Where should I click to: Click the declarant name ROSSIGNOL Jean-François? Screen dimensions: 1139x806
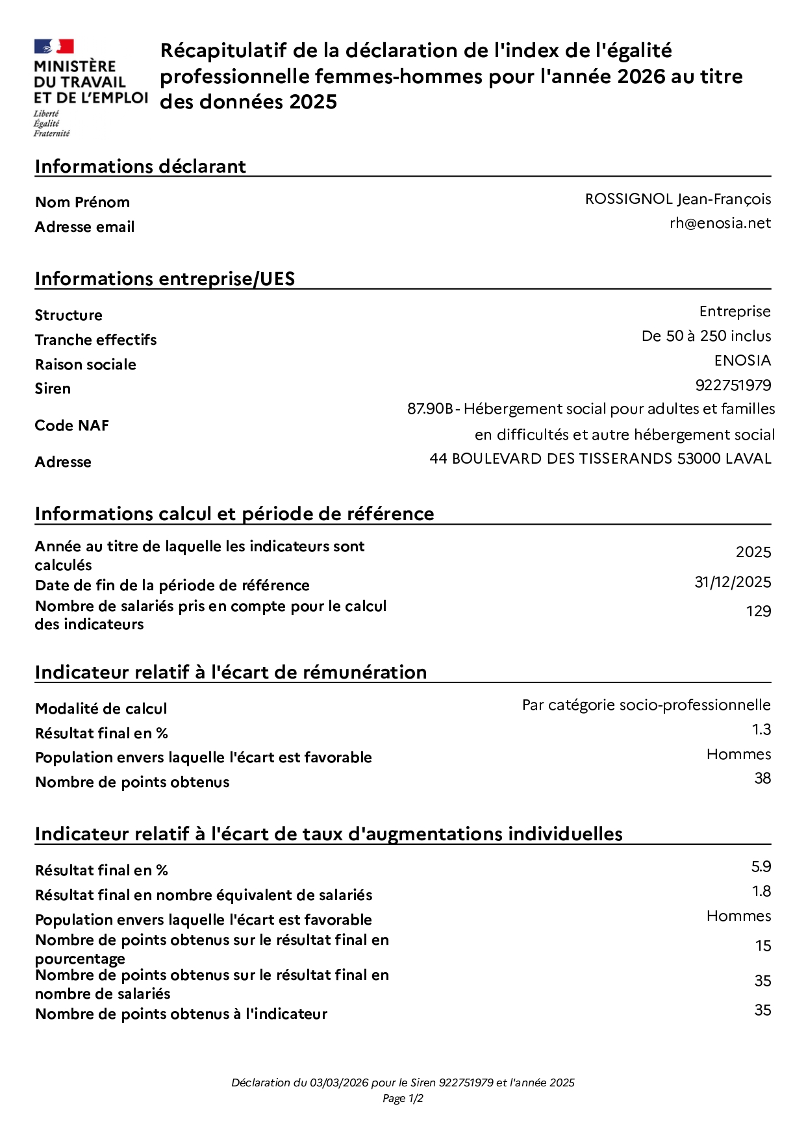677,199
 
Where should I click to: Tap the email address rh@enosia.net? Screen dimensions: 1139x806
720,223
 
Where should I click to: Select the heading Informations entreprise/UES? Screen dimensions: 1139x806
165,279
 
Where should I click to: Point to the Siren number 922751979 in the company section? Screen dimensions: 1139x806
733,385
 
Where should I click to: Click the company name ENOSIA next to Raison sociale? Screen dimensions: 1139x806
742,360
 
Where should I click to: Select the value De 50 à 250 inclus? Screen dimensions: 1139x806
706,336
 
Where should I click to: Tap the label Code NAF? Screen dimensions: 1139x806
71,425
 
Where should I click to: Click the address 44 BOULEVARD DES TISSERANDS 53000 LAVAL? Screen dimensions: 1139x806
600,458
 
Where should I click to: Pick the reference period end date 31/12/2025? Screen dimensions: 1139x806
733,582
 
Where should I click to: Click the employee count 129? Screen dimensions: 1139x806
758,611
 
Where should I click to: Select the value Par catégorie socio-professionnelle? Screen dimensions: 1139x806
646,705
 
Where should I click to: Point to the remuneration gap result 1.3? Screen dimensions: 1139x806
761,730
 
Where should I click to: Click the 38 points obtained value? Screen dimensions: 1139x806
762,779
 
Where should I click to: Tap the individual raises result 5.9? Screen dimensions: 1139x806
761,867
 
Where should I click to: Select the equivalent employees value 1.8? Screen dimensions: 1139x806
761,892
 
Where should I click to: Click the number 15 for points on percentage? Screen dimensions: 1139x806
763,946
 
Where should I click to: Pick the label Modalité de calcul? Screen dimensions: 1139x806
101,708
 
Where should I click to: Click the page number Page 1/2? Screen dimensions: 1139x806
403,1099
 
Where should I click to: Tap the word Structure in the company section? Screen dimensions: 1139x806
68,315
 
